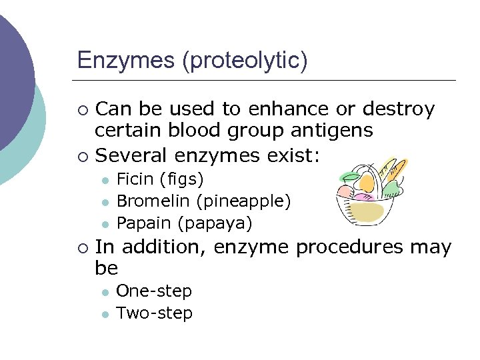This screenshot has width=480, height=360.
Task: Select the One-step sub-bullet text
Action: click(154, 291)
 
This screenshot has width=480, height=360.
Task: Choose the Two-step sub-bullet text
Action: click(154, 313)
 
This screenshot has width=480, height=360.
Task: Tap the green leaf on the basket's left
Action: click(351, 177)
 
